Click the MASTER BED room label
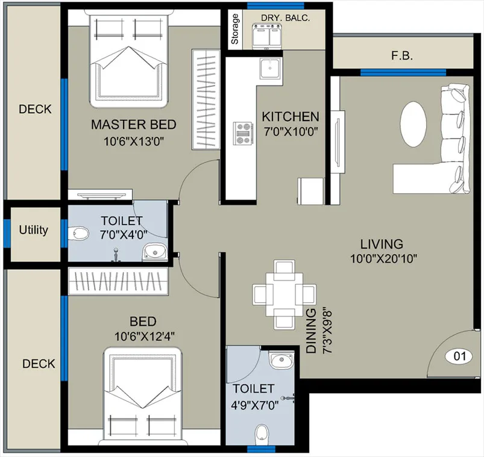[133, 124]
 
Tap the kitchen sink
[271, 69]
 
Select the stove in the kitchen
[244, 133]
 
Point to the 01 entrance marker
[459, 356]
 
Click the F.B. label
[402, 56]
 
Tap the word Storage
[235, 29]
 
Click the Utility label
[33, 230]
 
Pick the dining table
[284, 295]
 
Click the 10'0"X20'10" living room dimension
[383, 258]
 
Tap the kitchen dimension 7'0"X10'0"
[291, 132]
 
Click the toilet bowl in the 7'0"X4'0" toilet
[78, 233]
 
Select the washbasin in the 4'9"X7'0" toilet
[281, 360]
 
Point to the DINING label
[311, 331]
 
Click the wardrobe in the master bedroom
[206, 99]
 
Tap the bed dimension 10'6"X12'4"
[145, 336]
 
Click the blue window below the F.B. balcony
[403, 73]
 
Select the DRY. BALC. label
[285, 18]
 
